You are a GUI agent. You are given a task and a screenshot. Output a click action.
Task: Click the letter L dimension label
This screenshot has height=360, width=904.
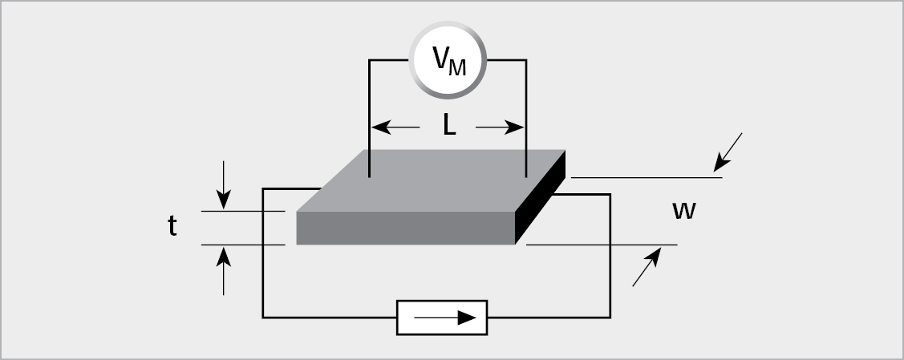pos(449,127)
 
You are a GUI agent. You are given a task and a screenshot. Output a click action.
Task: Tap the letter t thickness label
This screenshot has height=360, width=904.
pos(172,227)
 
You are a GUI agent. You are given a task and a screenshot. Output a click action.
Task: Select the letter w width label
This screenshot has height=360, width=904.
pos(683,211)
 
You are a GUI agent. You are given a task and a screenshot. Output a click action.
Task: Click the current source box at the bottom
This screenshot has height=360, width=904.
pos(442,318)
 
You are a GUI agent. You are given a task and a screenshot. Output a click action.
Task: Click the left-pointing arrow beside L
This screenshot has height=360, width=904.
pos(396,127)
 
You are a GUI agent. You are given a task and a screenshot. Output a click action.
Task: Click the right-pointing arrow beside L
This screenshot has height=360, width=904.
pos(500,127)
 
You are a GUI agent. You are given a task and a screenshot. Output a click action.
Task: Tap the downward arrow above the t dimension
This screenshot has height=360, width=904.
pos(224,184)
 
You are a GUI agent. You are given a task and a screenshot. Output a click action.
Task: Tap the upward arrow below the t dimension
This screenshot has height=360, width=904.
pos(224,269)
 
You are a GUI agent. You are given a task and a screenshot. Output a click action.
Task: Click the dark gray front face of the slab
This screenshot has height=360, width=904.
pos(405,228)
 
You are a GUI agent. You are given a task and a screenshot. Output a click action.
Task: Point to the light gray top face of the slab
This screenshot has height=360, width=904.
pos(433,180)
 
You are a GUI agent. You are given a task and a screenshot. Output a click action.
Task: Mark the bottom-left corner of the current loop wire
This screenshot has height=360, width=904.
pos(263,318)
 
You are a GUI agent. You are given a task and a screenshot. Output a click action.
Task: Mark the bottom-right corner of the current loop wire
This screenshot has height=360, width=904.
pos(610,318)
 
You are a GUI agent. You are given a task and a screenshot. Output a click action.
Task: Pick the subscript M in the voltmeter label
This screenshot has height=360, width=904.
pos(456,68)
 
